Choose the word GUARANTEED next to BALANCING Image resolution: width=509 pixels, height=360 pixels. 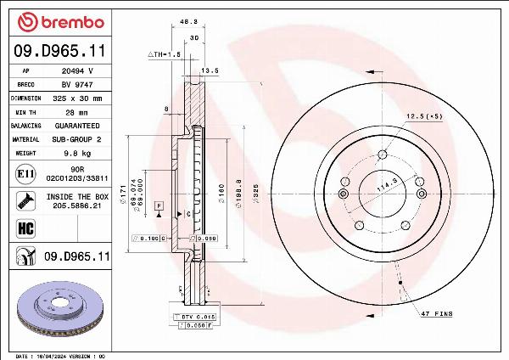(77, 125)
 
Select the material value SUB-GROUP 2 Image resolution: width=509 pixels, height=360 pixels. (77, 138)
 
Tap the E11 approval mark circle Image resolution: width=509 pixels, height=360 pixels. (25, 174)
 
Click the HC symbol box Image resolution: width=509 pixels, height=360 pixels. (25, 228)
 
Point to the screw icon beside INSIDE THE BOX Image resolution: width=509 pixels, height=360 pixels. (25, 201)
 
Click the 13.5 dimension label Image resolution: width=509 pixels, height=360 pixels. (211, 71)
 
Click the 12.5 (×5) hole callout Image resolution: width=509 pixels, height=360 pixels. (424, 115)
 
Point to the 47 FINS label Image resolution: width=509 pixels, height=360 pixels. (437, 315)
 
